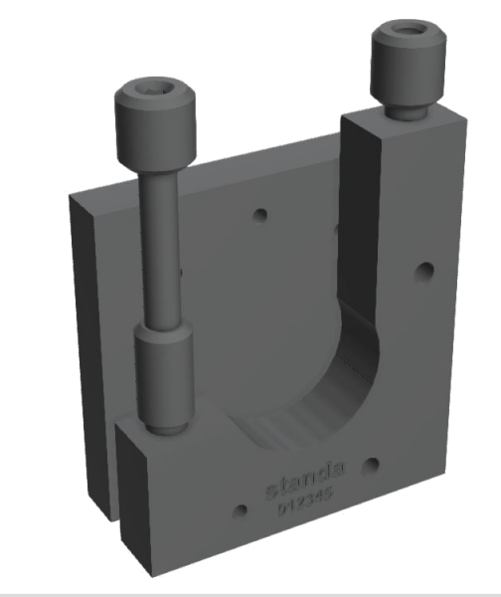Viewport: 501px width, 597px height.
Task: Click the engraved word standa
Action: [x=305, y=489]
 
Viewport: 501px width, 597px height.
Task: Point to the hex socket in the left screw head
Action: [x=152, y=96]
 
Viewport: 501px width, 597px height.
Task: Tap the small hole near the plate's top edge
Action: [x=261, y=215]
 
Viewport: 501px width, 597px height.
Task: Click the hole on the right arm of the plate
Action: [x=426, y=270]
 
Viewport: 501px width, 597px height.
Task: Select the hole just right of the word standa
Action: [x=370, y=464]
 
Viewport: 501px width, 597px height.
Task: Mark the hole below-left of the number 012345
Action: [x=239, y=511]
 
